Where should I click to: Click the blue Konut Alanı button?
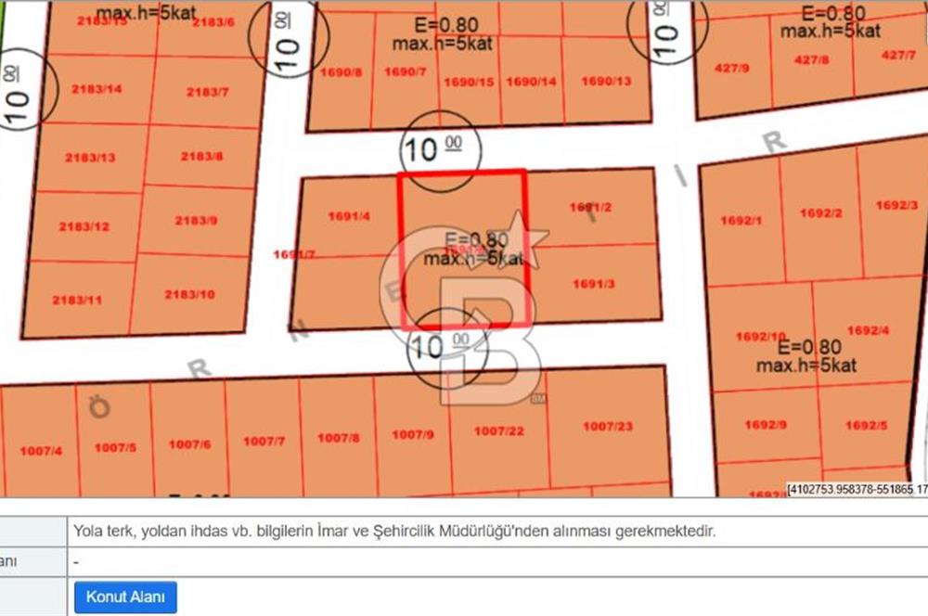point(125,597)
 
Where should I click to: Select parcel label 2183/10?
point(189,294)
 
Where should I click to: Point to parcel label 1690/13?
point(606,81)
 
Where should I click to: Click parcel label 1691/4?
point(349,216)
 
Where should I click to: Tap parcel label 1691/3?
point(593,284)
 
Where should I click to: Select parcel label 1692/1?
point(741,220)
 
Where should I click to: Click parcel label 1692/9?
point(767,425)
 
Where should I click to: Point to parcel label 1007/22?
point(498,430)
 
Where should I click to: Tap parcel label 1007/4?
point(40,451)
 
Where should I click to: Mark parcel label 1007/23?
point(608,426)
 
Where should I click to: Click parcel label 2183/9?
point(196,220)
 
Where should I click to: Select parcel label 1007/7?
point(264,441)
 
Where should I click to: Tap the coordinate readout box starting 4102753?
point(857,489)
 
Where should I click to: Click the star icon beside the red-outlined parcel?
point(523,237)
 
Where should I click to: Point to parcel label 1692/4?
point(869,330)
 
